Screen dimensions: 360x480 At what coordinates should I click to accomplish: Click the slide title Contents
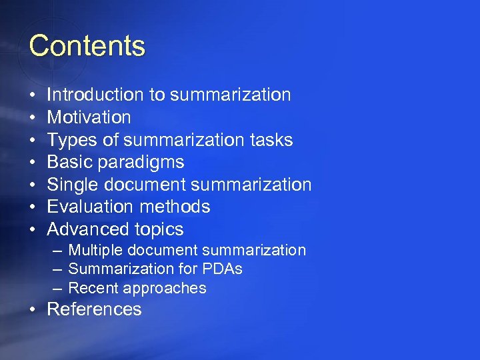tap(87, 46)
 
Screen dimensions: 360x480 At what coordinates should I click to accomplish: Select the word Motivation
tap(89, 117)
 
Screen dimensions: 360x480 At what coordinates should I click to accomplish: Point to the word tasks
tap(271, 140)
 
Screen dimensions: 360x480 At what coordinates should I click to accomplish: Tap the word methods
tap(177, 207)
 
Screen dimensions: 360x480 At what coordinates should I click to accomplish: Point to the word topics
tap(159, 230)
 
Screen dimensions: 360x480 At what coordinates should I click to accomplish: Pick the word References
tap(95, 309)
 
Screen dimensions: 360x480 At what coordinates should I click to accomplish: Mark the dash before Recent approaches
tap(57, 288)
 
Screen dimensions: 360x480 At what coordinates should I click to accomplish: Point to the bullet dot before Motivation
tap(33, 118)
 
